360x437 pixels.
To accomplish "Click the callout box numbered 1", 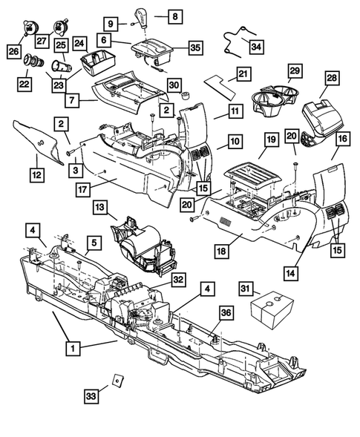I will (72, 346).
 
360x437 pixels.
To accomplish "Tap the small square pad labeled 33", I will (117, 381).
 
